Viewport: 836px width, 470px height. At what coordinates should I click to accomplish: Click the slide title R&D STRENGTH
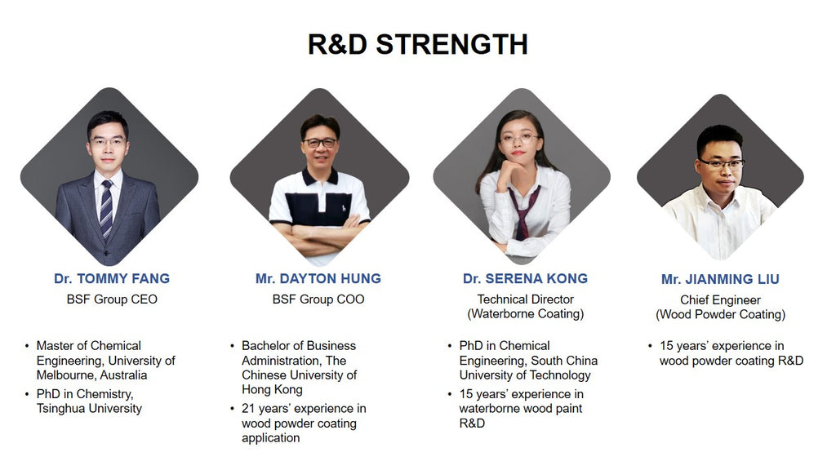(x=417, y=44)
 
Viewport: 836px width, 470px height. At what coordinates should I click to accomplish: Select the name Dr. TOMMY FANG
(x=112, y=279)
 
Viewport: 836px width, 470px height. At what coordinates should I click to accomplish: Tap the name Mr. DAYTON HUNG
(x=318, y=279)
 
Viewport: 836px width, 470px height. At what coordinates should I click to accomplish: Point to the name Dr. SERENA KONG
(x=525, y=279)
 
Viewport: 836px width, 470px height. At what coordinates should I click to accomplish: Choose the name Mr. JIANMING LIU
(x=720, y=279)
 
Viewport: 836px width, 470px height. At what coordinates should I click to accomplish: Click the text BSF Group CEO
(x=112, y=299)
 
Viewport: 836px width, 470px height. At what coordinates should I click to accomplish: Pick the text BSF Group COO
(x=318, y=299)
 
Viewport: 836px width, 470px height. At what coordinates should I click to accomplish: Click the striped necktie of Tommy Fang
(x=107, y=210)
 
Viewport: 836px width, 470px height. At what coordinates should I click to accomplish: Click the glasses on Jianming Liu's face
(x=722, y=163)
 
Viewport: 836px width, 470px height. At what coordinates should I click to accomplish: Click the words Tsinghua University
(x=89, y=409)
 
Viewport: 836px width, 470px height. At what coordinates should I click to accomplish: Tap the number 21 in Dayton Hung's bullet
(x=248, y=409)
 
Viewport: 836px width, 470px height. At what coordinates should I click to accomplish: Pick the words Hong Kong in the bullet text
(x=272, y=390)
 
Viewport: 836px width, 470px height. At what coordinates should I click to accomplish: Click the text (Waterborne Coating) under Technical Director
(x=526, y=314)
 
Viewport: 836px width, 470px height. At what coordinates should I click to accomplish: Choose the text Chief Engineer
(x=720, y=300)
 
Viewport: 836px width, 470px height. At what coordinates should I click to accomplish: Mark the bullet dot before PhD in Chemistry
(x=27, y=394)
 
